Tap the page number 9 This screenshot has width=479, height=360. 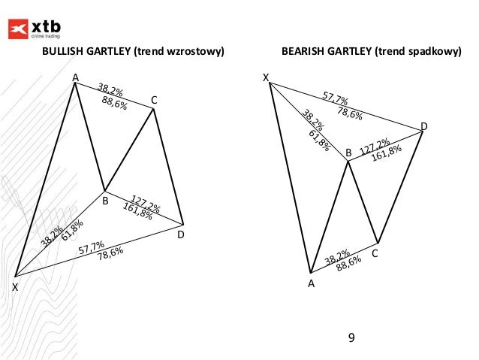coord(351,337)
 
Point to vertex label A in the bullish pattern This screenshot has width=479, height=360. coord(75,77)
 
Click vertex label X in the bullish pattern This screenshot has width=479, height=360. coord(14,288)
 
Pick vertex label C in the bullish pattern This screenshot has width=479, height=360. coord(154,99)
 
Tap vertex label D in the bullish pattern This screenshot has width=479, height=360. coord(181,235)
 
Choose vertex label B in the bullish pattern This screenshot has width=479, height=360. coord(105,201)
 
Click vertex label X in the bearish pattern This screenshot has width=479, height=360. coord(266,77)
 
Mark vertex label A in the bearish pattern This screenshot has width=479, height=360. coord(310,283)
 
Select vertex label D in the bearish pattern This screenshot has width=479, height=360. coord(424,126)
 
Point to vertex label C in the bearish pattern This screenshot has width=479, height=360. coord(375,254)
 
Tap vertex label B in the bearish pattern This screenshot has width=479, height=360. coord(348,153)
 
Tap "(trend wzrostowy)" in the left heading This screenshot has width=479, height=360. coord(179,53)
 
